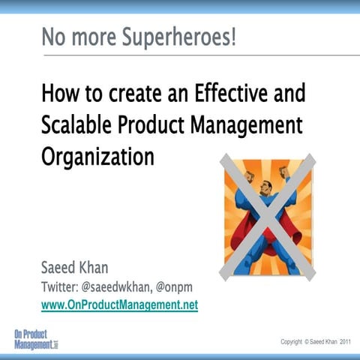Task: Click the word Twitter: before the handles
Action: pos(62,287)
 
